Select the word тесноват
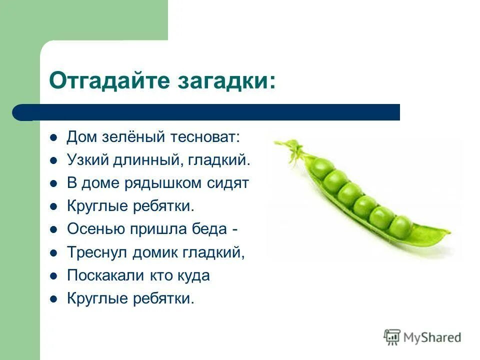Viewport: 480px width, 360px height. (205, 136)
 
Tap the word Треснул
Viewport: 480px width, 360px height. (97, 252)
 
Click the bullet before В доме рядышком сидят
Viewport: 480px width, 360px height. (53, 183)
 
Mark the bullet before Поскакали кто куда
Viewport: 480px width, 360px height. (53, 276)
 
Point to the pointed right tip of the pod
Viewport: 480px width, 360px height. (448, 233)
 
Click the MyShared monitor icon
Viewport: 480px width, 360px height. (392, 337)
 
